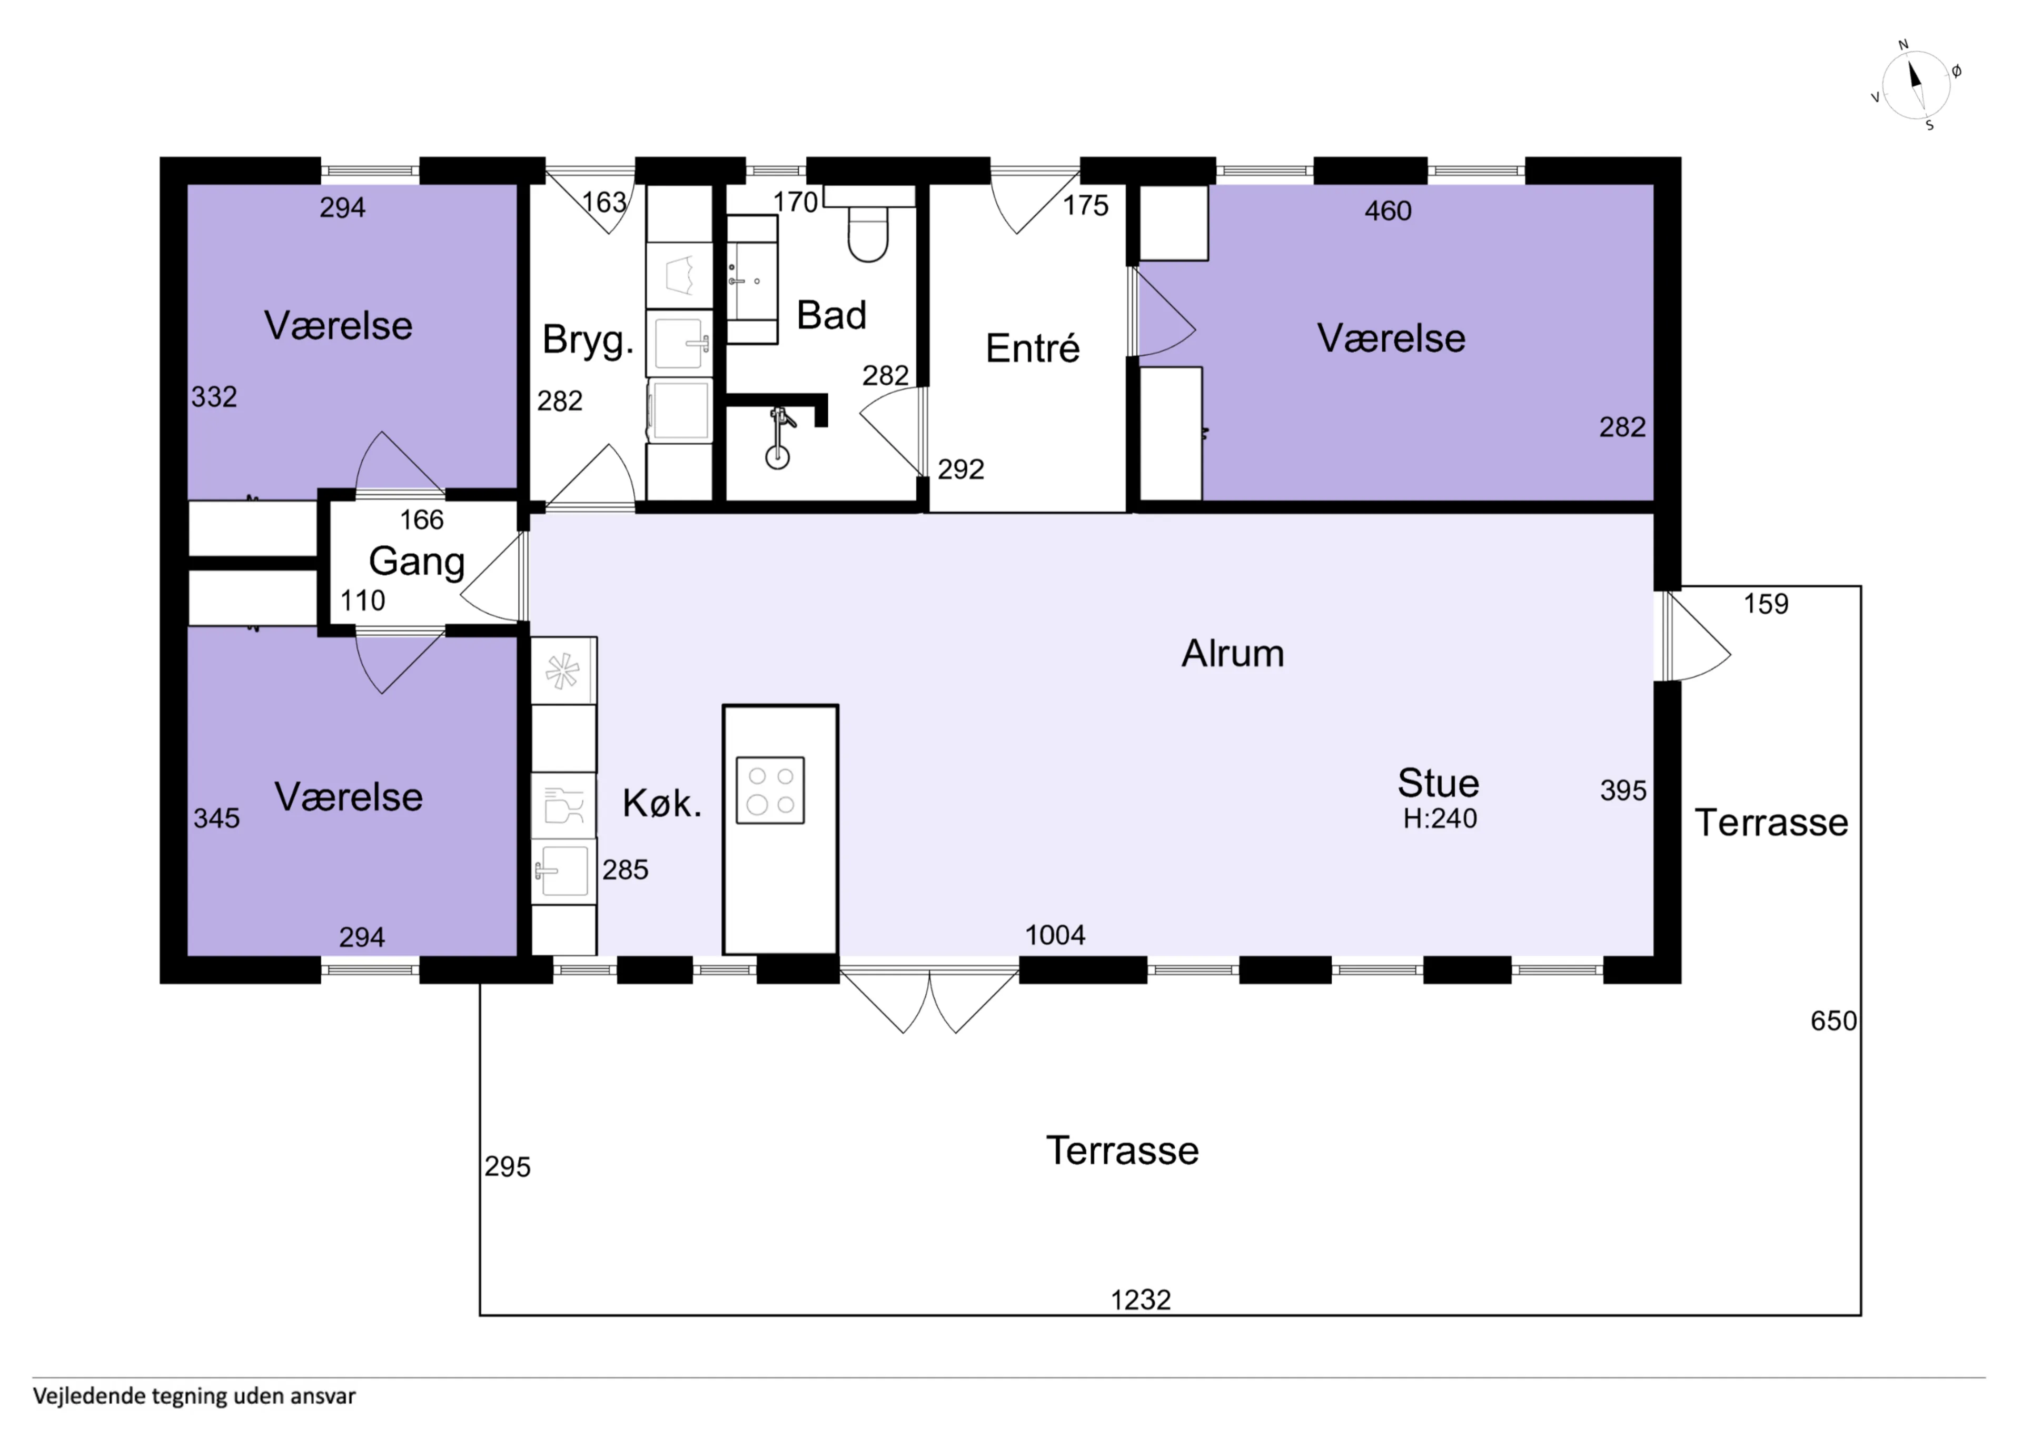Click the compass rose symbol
(x=1916, y=85)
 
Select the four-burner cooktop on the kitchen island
(x=770, y=790)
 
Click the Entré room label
(x=1032, y=348)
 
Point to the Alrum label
(x=1232, y=653)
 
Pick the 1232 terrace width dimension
(x=1141, y=1300)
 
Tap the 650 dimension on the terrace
(x=1833, y=1021)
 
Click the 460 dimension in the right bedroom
(x=1388, y=211)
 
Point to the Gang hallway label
(x=417, y=562)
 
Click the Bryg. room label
(x=588, y=340)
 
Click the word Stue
(x=1438, y=783)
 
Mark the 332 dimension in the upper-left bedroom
(x=214, y=397)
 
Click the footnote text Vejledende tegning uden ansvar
(x=195, y=1395)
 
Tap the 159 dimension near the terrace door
(x=1766, y=604)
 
